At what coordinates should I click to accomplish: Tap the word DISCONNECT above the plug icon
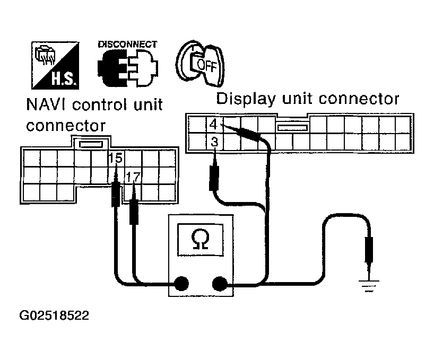(127, 45)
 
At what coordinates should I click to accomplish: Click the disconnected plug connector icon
(128, 69)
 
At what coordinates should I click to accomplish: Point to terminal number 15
(115, 158)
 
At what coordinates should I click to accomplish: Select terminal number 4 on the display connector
(213, 125)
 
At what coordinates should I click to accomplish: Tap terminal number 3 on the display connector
(214, 142)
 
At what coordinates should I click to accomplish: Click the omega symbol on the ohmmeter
(200, 240)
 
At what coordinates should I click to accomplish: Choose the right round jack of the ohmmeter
(219, 284)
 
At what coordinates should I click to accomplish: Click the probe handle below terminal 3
(214, 178)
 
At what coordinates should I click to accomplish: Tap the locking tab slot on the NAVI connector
(91, 144)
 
